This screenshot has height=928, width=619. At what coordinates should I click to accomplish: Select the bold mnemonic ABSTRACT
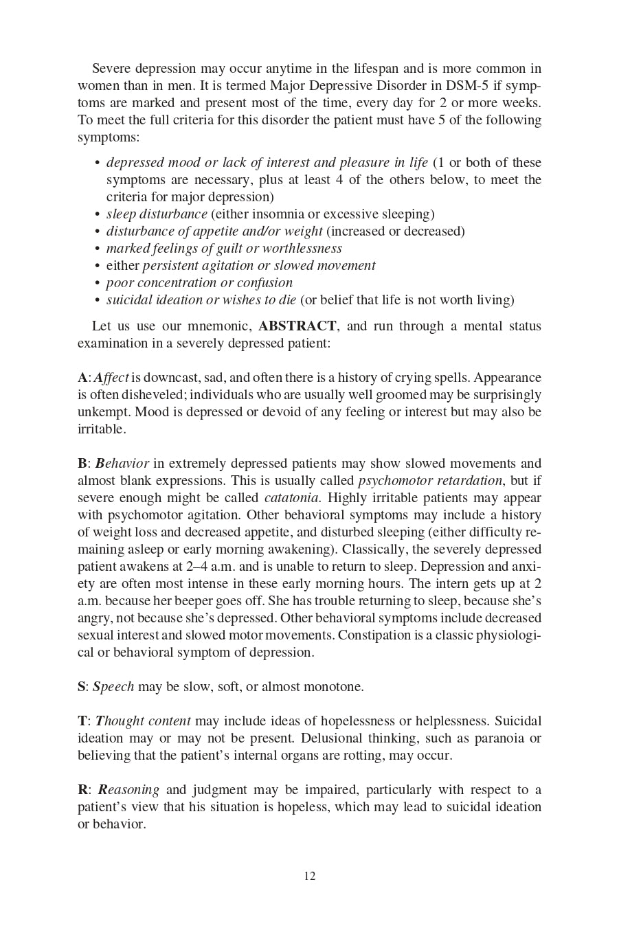coord(297,326)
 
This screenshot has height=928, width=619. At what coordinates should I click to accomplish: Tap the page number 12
coord(309,876)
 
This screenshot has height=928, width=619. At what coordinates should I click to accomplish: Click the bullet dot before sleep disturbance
coord(97,214)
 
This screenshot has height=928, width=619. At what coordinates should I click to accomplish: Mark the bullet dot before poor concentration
coord(97,283)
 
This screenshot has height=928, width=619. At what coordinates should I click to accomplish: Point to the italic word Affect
coord(111,378)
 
